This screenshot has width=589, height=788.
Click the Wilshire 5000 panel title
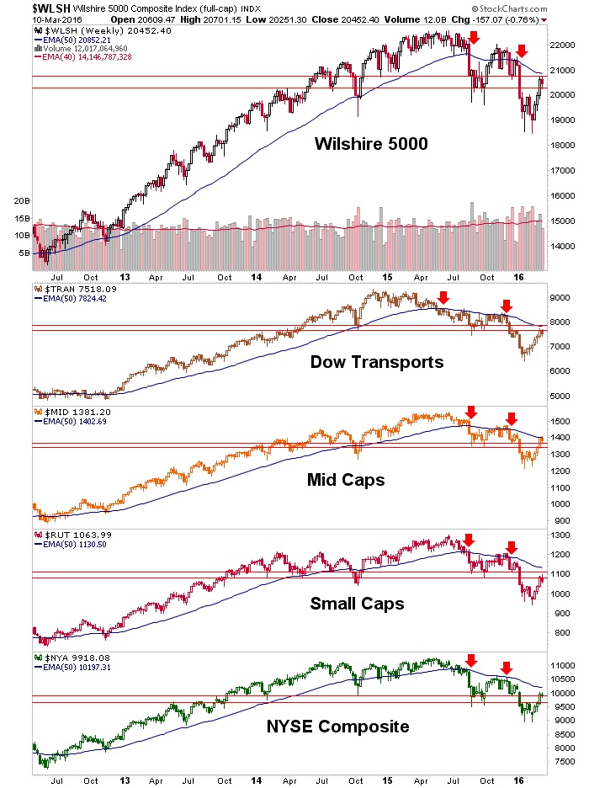click(x=371, y=143)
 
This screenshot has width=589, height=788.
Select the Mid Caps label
click(x=347, y=480)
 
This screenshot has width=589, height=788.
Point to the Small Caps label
click(x=357, y=603)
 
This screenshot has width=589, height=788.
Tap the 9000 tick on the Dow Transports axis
click(x=561, y=297)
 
